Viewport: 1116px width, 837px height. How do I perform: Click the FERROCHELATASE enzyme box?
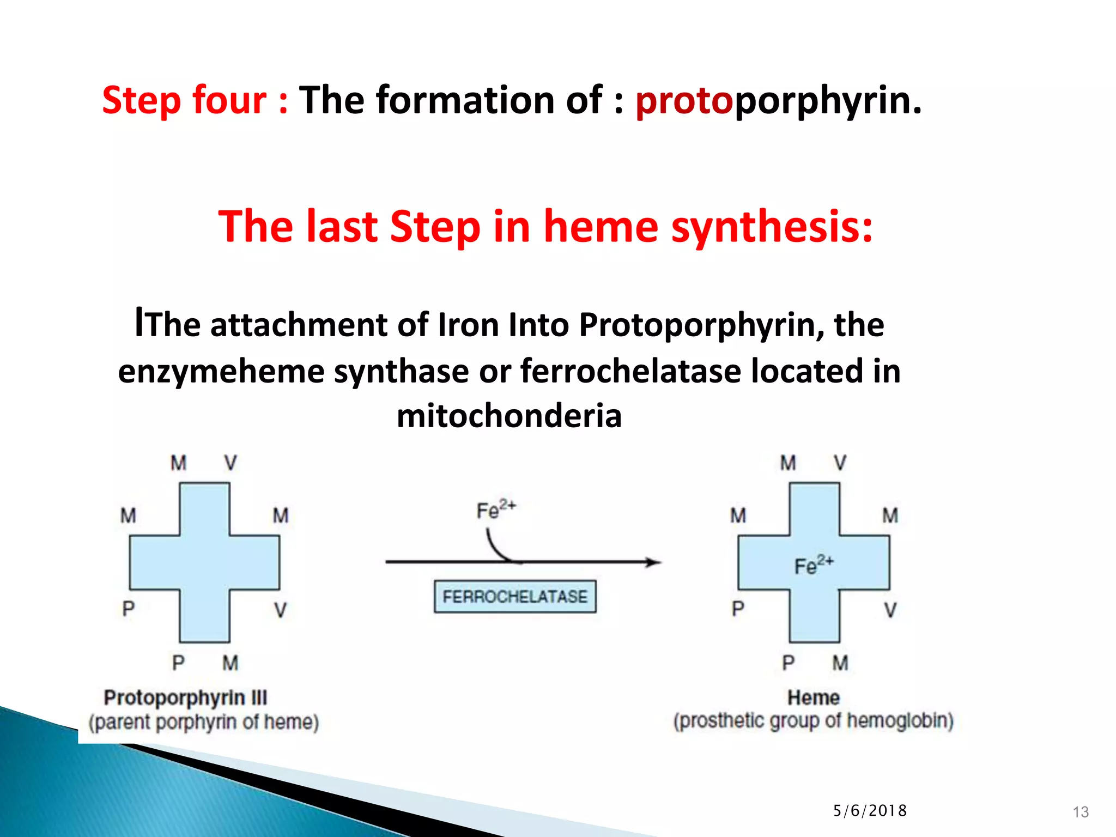[x=514, y=596]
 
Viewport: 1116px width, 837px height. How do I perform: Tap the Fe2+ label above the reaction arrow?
[x=495, y=510]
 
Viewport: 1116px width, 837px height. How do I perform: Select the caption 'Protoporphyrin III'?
[x=185, y=697]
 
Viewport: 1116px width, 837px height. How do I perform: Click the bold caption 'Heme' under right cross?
[x=813, y=697]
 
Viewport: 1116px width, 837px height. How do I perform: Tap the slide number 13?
[x=1080, y=812]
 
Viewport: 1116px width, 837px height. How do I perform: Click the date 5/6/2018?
[x=870, y=811]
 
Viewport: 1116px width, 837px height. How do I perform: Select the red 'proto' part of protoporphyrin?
[x=684, y=101]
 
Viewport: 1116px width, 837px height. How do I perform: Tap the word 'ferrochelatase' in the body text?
[x=632, y=371]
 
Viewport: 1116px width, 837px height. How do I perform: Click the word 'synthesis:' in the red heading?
[x=772, y=227]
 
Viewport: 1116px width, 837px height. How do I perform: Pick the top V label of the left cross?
[x=231, y=463]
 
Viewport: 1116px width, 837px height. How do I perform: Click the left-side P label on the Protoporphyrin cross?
[x=128, y=608]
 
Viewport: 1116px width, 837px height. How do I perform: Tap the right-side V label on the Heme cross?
[x=890, y=609]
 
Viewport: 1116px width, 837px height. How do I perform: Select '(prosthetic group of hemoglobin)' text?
[x=813, y=721]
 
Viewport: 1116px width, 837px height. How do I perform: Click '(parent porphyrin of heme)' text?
[x=204, y=722]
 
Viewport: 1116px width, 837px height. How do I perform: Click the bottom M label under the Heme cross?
[x=840, y=663]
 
